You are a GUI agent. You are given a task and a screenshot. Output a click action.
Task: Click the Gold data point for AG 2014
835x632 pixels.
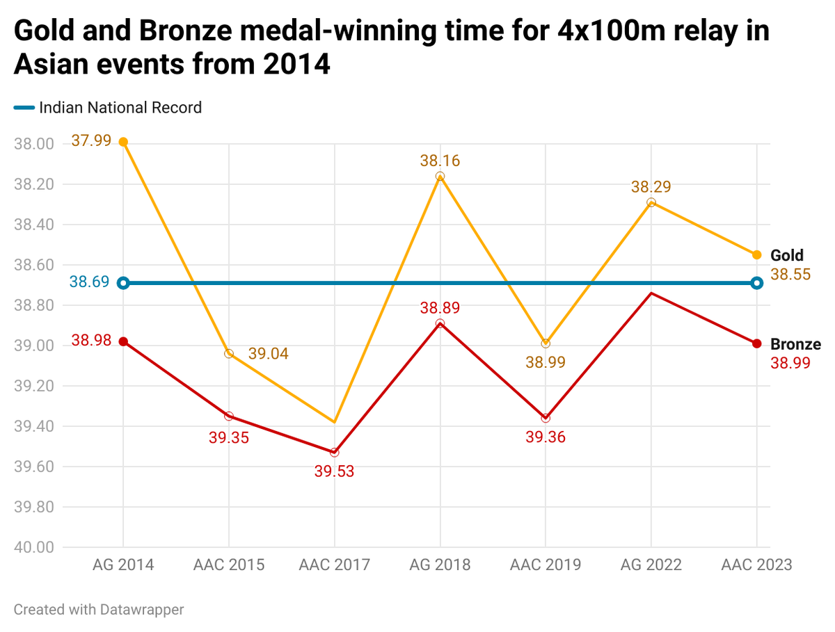point(123,142)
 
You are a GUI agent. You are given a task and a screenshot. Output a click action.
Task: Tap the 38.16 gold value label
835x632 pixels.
point(440,161)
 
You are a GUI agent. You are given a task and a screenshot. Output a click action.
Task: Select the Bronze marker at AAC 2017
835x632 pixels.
point(335,453)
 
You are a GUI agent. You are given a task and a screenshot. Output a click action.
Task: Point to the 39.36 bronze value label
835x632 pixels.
point(546,437)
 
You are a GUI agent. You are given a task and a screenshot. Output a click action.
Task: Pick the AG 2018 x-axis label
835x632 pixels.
point(440,564)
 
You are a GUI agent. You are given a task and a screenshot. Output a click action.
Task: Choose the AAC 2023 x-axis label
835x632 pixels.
point(756,564)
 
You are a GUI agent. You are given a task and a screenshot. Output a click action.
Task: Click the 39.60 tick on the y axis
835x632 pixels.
point(34,467)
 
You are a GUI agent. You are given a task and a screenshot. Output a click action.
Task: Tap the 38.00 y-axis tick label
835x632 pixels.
point(34,145)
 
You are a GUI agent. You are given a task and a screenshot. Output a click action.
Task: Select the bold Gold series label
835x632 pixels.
point(786,255)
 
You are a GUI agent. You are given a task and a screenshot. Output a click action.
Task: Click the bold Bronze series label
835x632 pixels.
point(795,344)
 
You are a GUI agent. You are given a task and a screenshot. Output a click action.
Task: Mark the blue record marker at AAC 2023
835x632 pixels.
point(757,283)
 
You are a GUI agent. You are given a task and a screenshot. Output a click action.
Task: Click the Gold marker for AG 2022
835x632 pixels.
point(651,202)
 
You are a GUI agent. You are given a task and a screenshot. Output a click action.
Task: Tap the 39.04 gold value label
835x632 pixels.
point(268,354)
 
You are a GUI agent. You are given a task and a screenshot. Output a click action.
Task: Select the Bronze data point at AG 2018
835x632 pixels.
point(440,323)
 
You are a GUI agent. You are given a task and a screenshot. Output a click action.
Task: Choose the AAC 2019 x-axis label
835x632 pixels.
point(546,564)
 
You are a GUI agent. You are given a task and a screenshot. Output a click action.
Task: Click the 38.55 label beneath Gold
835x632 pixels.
point(790,274)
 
